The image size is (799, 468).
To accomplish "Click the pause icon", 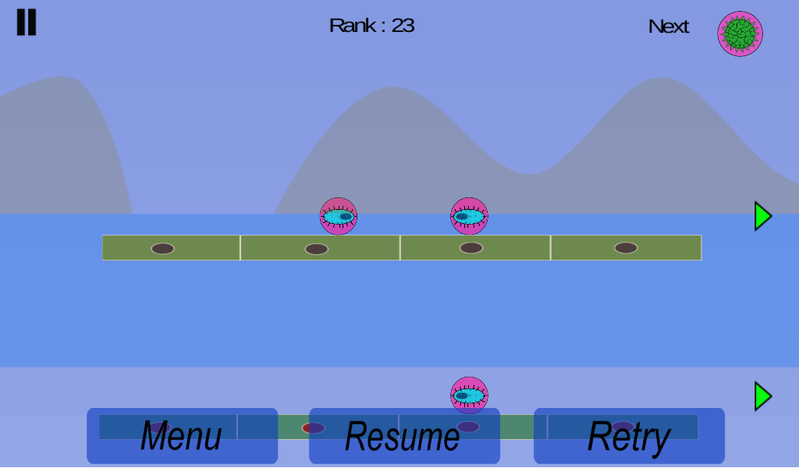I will (x=27, y=23).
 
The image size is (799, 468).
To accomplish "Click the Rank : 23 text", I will (x=371, y=26).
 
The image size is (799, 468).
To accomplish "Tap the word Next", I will (x=669, y=27).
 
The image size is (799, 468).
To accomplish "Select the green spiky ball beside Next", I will (x=740, y=34).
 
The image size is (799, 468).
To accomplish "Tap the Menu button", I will (x=182, y=436).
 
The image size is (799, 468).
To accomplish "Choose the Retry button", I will (x=629, y=436).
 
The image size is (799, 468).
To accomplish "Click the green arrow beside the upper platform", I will (x=762, y=216).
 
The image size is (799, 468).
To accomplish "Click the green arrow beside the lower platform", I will (x=762, y=396).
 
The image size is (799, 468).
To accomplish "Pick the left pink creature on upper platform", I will (x=339, y=216).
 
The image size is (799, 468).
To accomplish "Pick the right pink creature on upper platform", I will (x=469, y=216).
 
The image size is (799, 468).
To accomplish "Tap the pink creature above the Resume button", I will (x=469, y=395).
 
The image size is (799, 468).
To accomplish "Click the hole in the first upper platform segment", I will (x=162, y=249).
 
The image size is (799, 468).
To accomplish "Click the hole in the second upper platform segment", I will (x=316, y=249).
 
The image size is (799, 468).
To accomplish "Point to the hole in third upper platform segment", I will (x=471, y=248).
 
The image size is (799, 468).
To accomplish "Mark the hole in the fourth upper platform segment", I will (x=626, y=248).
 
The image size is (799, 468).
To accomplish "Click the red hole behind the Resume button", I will (x=313, y=427).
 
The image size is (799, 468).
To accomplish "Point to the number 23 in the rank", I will (x=403, y=26).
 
